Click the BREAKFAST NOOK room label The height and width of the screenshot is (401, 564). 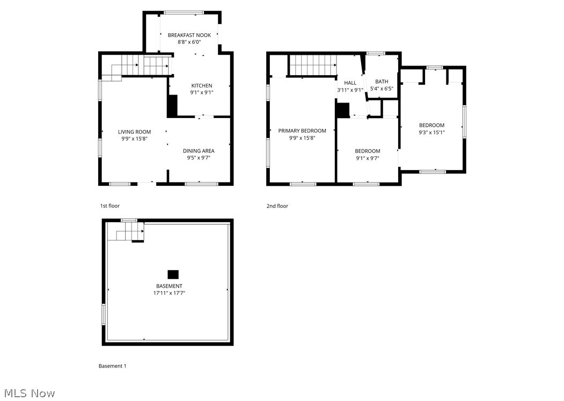(x=189, y=35)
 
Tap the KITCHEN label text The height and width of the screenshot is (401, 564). (x=202, y=85)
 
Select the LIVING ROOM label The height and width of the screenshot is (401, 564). (x=135, y=132)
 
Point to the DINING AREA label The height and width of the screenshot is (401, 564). (x=199, y=151)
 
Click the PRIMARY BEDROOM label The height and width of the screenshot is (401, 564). (x=302, y=130)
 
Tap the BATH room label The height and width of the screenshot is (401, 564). (x=382, y=82)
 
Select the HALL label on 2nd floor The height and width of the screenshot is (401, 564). (x=350, y=83)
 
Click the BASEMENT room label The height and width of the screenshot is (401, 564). (x=169, y=286)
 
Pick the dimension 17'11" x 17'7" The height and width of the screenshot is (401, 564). (x=169, y=293)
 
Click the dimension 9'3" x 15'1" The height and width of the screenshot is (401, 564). (x=432, y=132)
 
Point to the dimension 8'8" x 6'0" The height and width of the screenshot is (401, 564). (x=189, y=42)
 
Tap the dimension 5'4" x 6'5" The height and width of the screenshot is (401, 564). (x=382, y=89)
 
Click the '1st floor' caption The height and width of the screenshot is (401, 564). (x=110, y=206)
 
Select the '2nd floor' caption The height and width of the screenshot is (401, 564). (x=277, y=206)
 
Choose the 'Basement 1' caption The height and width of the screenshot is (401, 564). (x=113, y=366)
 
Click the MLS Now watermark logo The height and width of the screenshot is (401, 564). (x=28, y=393)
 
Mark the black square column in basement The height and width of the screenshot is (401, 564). (x=173, y=274)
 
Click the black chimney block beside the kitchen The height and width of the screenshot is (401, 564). (x=172, y=106)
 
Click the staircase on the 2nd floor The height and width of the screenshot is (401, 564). (x=313, y=65)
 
